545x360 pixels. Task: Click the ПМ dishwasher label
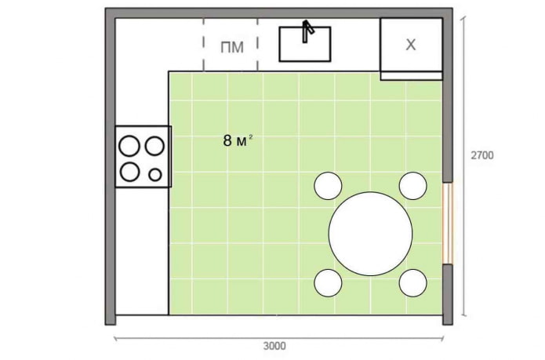(x=232, y=47)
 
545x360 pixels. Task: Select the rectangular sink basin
(x=305, y=45)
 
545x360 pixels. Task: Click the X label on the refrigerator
(x=410, y=45)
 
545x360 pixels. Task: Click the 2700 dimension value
(x=481, y=155)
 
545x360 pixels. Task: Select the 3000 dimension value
(x=274, y=346)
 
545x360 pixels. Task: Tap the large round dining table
(x=371, y=233)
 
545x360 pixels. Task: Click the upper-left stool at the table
(x=328, y=186)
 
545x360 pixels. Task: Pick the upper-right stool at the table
(x=412, y=186)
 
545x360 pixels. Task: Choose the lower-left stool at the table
(x=328, y=282)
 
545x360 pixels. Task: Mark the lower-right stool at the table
(x=412, y=282)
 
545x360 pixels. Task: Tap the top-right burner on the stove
(x=155, y=146)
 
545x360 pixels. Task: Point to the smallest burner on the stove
(x=155, y=174)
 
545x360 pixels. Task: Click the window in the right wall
(x=448, y=223)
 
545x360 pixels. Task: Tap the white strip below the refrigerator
(x=411, y=75)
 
